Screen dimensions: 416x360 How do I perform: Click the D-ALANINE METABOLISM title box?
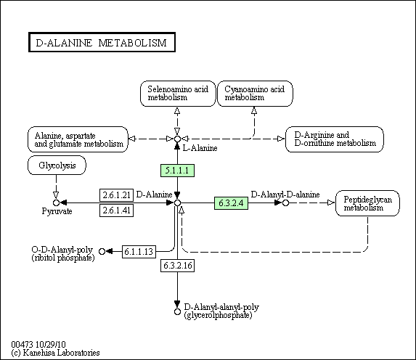tap(102, 42)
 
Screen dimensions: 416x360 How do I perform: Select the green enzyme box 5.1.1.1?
tap(177, 171)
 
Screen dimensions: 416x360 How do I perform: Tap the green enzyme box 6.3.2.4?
tap(231, 203)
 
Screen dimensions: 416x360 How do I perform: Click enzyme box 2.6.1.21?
tap(116, 195)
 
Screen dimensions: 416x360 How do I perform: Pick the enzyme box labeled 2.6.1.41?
tap(116, 210)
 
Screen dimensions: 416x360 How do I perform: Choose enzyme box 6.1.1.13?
tap(139, 251)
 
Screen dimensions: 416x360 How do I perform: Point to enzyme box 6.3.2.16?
tap(177, 266)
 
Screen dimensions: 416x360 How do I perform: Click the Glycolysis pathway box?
tap(57, 165)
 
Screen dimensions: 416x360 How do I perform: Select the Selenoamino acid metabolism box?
tap(178, 94)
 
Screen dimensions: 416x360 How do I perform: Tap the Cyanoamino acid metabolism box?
tap(255, 94)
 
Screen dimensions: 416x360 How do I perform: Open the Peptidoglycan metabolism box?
tap(367, 203)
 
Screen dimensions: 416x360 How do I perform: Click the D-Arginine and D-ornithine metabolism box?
tap(335, 139)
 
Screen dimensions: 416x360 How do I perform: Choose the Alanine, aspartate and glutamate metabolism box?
tap(78, 139)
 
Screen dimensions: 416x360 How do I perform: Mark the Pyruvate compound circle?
tap(56, 203)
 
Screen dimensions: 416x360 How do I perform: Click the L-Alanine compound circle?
tap(177, 139)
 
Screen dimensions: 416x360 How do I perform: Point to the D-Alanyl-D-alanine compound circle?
tap(285, 203)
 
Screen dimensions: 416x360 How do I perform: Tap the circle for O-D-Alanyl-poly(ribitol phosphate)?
tap(102, 251)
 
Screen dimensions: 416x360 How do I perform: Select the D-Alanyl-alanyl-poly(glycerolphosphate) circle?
tap(177, 311)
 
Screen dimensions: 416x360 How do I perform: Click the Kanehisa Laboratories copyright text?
tap(55, 353)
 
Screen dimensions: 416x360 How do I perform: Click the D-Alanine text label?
tap(155, 195)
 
